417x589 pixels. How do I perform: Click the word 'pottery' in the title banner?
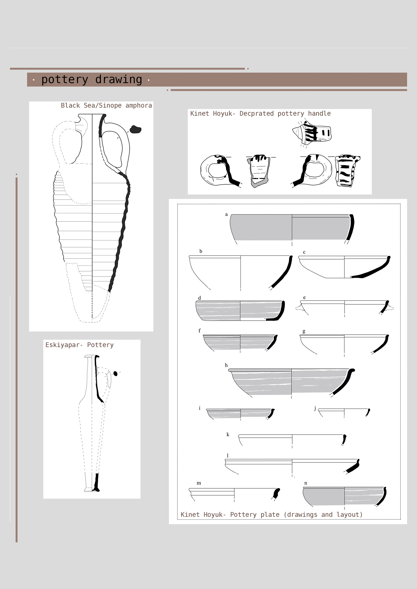(65, 80)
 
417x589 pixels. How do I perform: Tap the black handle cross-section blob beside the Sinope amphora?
(135, 129)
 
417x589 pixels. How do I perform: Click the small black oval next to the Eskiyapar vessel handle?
(115, 373)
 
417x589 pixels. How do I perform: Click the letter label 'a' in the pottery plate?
(226, 214)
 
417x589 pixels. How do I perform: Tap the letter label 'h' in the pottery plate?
(226, 365)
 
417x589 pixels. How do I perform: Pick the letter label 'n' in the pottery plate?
(306, 483)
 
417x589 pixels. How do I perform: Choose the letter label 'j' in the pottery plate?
(315, 408)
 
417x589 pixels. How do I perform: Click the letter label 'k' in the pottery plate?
(228, 435)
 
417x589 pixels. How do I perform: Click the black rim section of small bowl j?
(368, 412)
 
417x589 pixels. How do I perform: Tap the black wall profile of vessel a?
(351, 227)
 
